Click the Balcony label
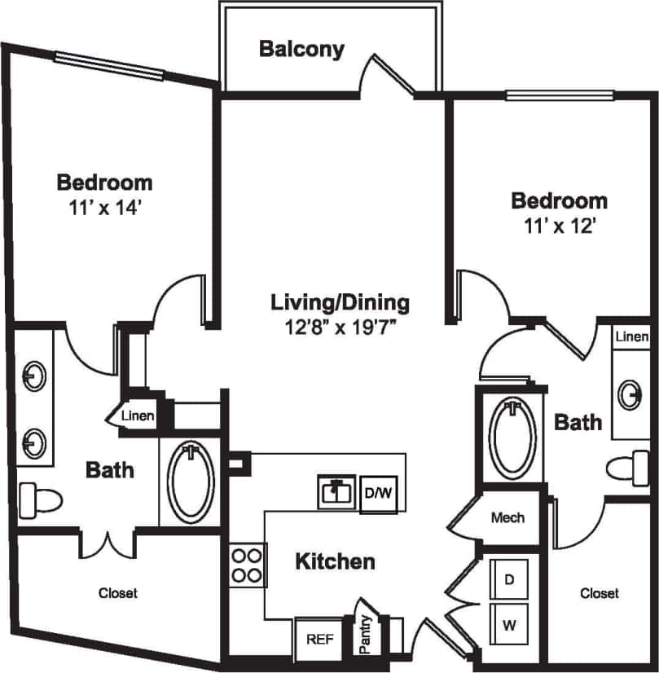(301, 49)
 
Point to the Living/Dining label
(340, 303)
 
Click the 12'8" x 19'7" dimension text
(340, 328)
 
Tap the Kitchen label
(335, 561)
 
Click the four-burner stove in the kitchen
(247, 565)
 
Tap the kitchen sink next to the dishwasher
(335, 492)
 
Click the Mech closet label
(507, 517)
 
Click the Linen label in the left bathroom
(138, 416)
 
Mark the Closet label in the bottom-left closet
(118, 593)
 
